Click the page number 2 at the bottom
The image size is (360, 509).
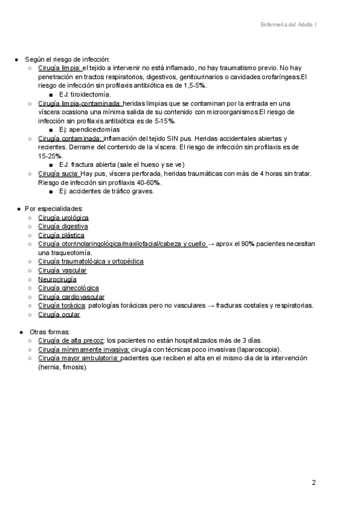pyautogui.click(x=313, y=483)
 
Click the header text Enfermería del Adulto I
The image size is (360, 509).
pyautogui.click(x=289, y=25)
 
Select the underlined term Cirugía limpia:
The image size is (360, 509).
pyautogui.click(x=59, y=68)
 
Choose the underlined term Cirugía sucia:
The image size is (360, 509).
pyautogui.click(x=58, y=173)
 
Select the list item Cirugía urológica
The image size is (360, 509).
pyautogui.click(x=63, y=217)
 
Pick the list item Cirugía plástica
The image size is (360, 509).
pyautogui.click(x=61, y=235)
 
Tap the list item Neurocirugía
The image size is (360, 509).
pyautogui.click(x=57, y=279)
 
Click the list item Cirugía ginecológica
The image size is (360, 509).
pyautogui.click(x=68, y=288)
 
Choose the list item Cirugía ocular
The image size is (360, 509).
pyautogui.click(x=59, y=314)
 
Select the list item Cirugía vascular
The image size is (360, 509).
pyautogui.click(x=62, y=271)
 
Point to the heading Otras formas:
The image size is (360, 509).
pyautogui.click(x=49, y=331)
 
